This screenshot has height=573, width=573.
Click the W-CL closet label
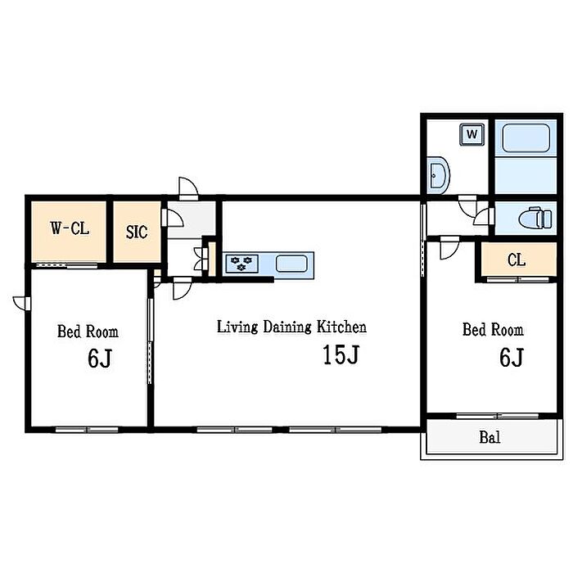(70, 228)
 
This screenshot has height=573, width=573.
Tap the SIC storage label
(137, 232)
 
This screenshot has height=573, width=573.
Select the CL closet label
(517, 259)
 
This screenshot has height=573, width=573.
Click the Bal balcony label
(490, 437)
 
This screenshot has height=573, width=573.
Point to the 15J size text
(341, 354)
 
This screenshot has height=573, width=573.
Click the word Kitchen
(341, 327)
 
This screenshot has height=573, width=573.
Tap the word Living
(237, 327)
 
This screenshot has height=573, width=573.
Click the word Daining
(287, 327)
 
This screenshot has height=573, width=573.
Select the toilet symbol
(535, 219)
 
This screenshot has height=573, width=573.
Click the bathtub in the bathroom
(526, 138)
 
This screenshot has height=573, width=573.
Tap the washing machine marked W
(471, 134)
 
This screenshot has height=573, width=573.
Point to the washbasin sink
(438, 175)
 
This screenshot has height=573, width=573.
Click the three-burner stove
(242, 264)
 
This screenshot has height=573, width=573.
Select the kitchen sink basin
(291, 264)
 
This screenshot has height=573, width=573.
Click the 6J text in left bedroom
(100, 359)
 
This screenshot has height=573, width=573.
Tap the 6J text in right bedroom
(512, 357)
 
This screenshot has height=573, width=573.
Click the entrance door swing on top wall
(188, 188)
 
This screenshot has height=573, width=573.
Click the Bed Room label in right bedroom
(493, 329)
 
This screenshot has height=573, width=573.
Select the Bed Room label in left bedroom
(88, 332)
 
